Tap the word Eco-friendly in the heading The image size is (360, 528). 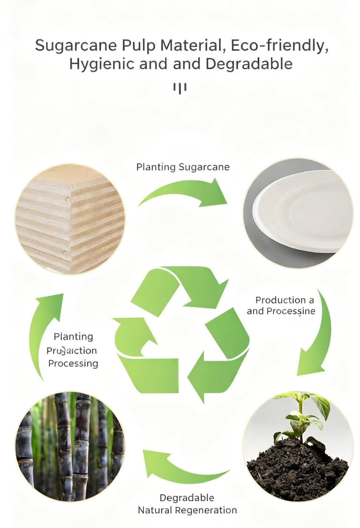tap(280, 46)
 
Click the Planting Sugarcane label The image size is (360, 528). tap(183, 167)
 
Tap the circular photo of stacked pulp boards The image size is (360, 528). tap(70, 219)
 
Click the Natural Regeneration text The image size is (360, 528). tap(187, 510)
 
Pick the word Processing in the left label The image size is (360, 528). tap(73, 364)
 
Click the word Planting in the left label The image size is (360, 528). tap(73, 336)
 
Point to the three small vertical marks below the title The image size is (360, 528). tap(180, 88)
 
